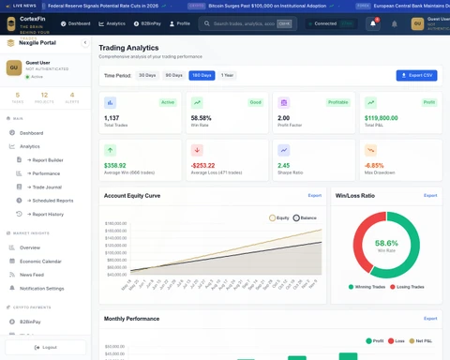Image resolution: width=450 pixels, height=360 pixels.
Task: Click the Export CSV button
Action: pos(416,74)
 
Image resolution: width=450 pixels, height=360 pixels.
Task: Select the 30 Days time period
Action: pos(147,74)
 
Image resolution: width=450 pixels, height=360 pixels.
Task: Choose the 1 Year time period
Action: pos(228,74)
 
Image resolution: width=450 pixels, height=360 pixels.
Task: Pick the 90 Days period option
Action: pos(173,74)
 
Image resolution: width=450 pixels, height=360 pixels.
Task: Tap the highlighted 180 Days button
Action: pos(201,74)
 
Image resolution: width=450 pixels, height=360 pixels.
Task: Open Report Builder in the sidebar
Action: pos(49,160)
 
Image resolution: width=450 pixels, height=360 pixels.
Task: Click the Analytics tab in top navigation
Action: pos(112,23)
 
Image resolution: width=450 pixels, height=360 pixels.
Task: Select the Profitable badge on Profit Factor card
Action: pos(338,101)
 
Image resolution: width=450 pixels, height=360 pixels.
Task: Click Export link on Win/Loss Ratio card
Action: pos(430,195)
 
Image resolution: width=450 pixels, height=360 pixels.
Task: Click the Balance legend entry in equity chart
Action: pos(305,217)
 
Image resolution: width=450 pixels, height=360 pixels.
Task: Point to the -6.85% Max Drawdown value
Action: pos(374,166)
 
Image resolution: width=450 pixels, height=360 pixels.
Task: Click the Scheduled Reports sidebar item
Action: pos(53,200)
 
